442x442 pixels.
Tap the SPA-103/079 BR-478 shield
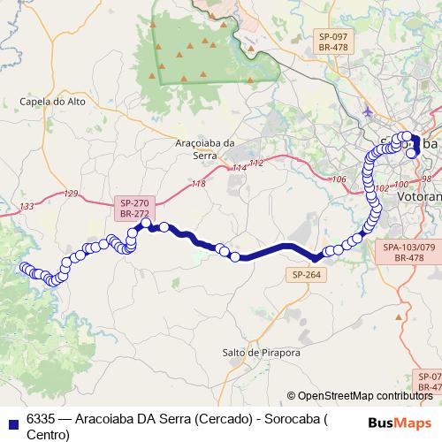[409, 252]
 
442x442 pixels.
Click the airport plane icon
[369, 111]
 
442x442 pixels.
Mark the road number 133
[27, 206]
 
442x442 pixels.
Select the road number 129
[72, 194]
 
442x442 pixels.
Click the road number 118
[198, 183]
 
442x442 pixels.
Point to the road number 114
[240, 168]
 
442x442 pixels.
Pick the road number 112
[256, 164]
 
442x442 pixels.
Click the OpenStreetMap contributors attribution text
[363, 396]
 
